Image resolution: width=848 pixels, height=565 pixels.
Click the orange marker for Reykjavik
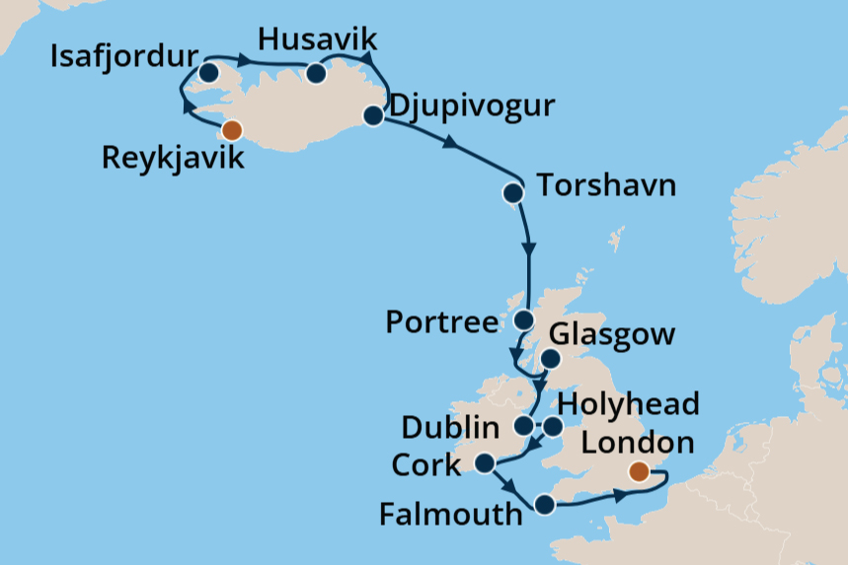click(232, 130)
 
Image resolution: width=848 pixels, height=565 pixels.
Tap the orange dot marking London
click(641, 471)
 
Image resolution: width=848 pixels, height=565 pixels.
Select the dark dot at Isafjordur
click(208, 73)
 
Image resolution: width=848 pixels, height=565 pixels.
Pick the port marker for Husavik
click(316, 74)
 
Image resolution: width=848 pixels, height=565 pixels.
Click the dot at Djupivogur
click(373, 116)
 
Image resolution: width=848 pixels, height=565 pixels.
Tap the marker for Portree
click(524, 320)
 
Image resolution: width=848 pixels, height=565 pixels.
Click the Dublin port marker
click(524, 426)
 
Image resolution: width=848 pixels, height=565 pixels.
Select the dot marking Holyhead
click(553, 427)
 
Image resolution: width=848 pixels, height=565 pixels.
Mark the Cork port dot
click(485, 462)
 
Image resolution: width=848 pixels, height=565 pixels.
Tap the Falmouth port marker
click(544, 506)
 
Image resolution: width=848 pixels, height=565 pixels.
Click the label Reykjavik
click(173, 158)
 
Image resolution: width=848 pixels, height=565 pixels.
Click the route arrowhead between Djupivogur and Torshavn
click(450, 144)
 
